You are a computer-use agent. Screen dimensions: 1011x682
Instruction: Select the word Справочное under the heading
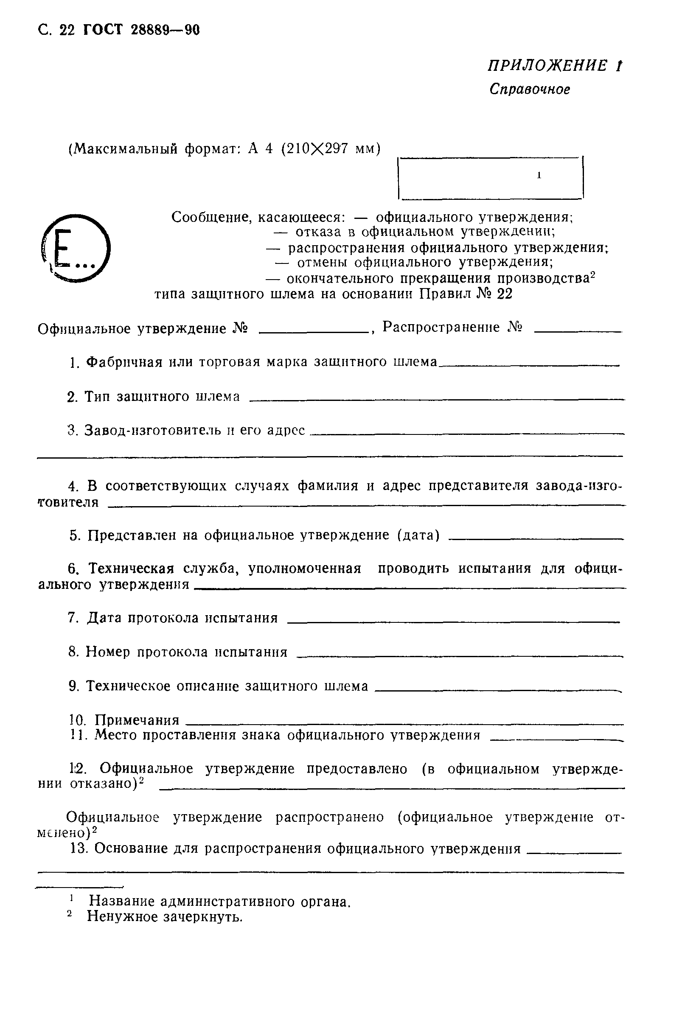(529, 90)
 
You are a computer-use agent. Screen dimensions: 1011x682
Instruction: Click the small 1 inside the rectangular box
(539, 175)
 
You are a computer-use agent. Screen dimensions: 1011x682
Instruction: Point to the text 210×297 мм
(331, 149)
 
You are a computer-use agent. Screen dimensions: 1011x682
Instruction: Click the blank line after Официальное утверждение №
(313, 332)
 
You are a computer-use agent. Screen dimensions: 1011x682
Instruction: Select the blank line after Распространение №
(578, 332)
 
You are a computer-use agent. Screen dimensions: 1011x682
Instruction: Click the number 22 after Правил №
(505, 294)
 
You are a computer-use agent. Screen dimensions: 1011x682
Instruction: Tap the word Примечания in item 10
(137, 720)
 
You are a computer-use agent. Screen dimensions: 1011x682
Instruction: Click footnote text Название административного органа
(219, 902)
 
